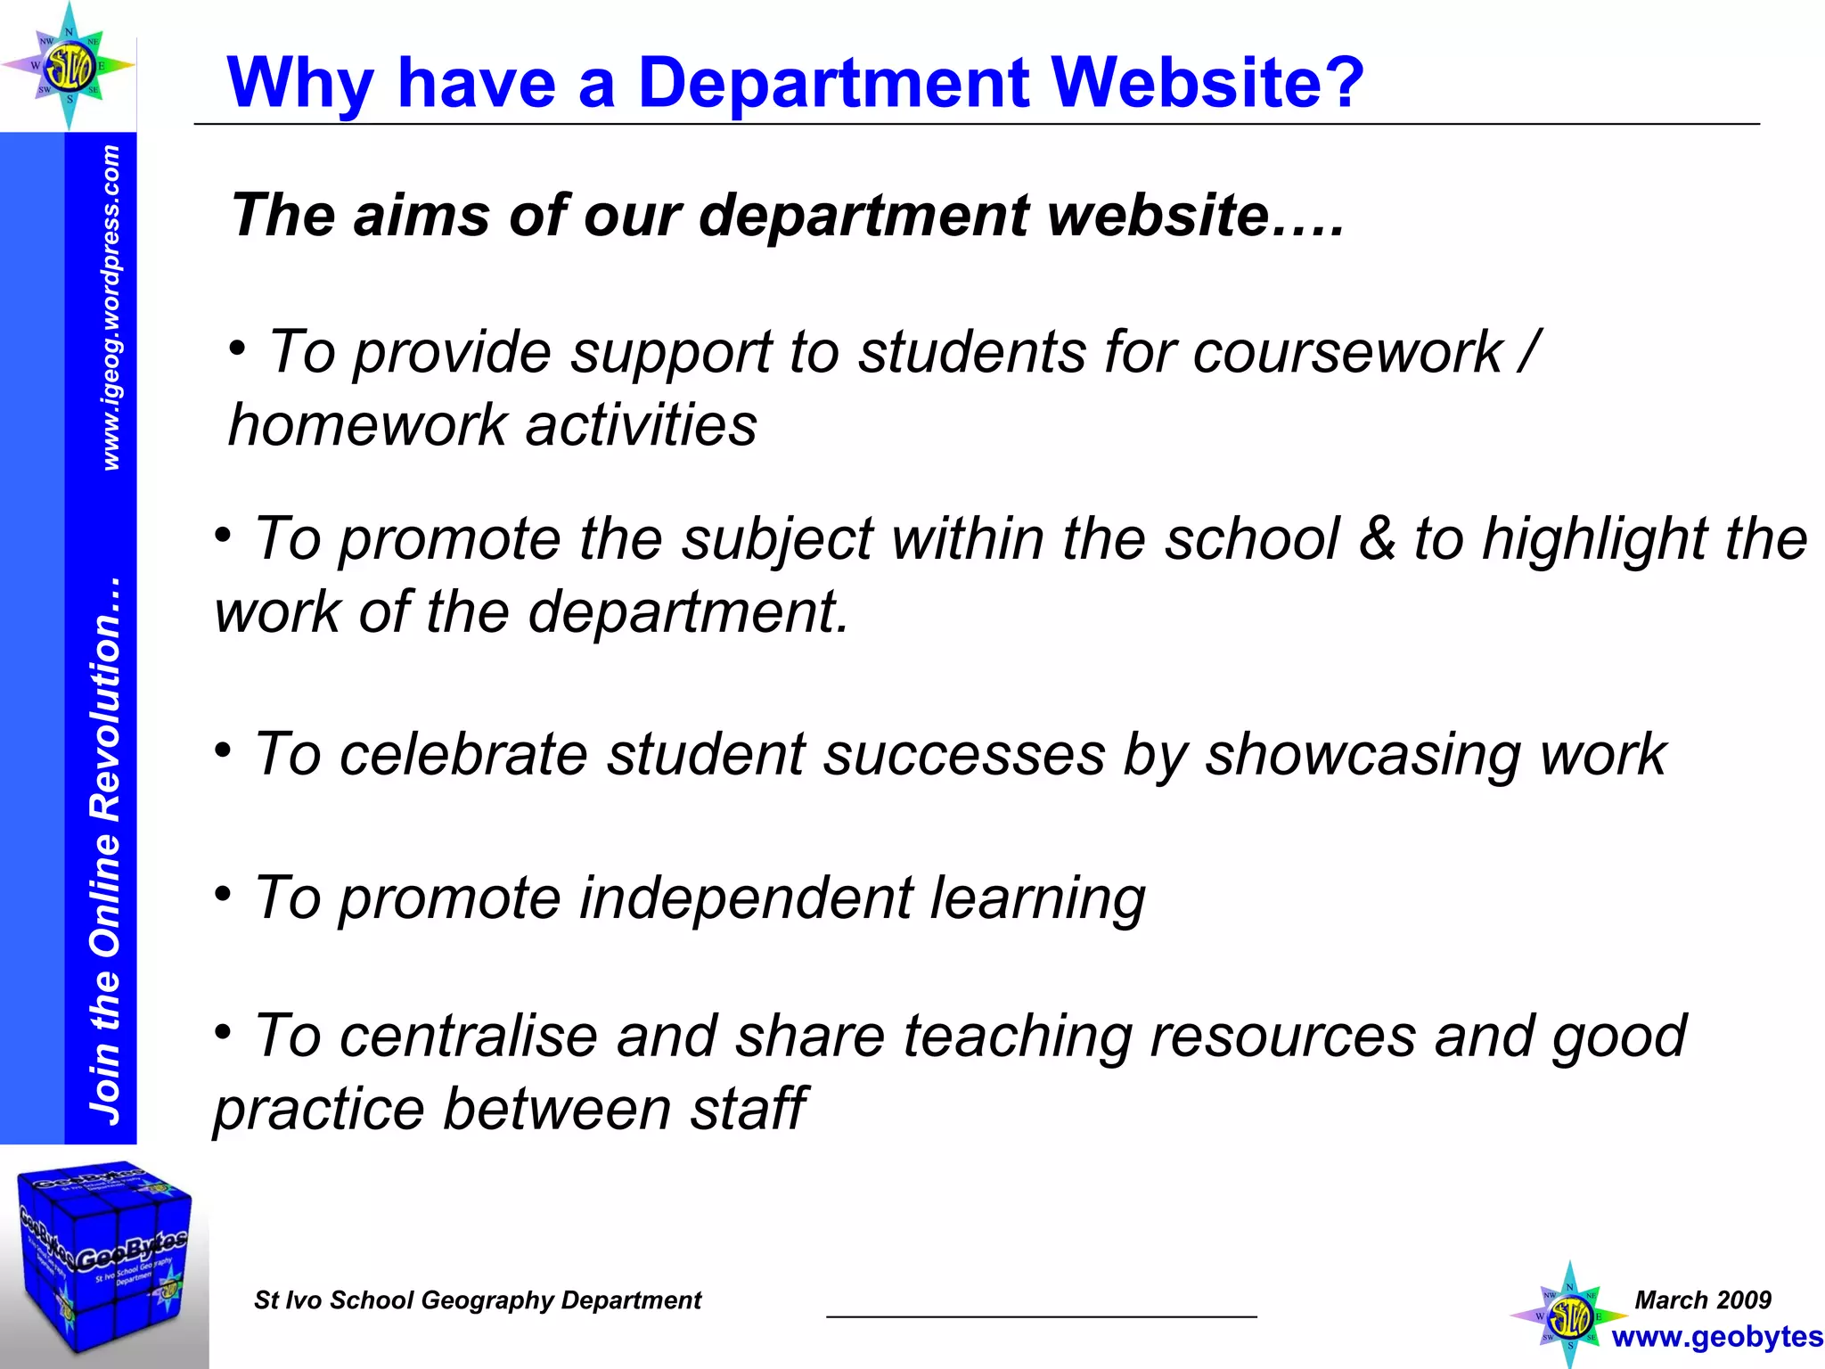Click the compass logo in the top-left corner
tap(69, 66)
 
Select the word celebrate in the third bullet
tap(463, 755)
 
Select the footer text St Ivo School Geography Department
tap(478, 1300)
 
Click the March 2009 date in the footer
tap(1703, 1299)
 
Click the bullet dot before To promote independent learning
tap(223, 893)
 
